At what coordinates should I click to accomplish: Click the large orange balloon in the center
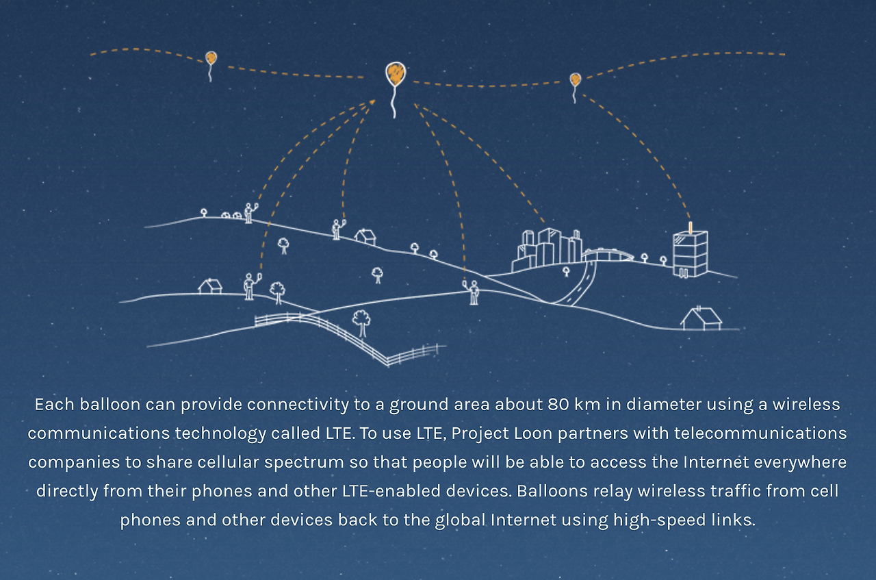click(395, 73)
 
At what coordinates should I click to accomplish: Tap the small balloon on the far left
click(211, 59)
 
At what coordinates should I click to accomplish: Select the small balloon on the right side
click(575, 80)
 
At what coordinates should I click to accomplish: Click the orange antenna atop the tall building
click(690, 227)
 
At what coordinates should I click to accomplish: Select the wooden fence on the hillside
click(342, 332)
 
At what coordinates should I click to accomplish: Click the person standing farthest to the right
click(474, 292)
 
